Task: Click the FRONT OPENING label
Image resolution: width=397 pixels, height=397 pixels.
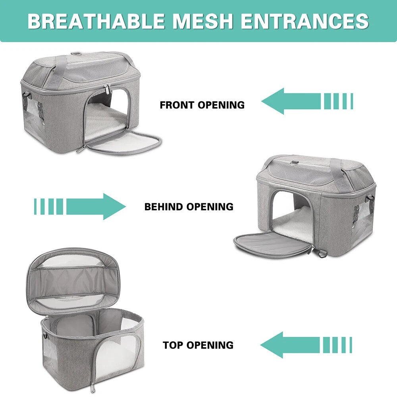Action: tap(202, 105)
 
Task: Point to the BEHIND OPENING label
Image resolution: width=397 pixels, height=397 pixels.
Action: tap(189, 206)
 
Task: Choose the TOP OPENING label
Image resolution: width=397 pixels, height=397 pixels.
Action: tap(198, 345)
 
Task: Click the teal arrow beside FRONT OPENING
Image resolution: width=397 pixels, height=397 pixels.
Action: tap(307, 101)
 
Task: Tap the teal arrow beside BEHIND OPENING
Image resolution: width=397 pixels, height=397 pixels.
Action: tap(80, 206)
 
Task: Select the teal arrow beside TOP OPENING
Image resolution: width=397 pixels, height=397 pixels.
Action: tap(306, 345)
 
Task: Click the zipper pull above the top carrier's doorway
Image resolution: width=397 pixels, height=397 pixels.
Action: tap(107, 90)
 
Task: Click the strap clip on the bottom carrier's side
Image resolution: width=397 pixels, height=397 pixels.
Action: tap(46, 336)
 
